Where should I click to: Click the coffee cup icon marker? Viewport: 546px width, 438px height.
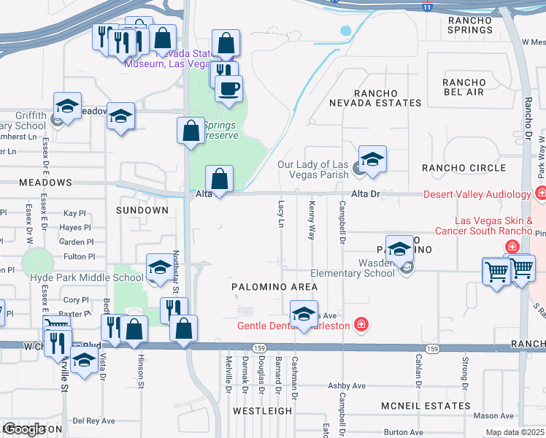tap(228, 89)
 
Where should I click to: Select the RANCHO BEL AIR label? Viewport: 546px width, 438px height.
tap(464, 87)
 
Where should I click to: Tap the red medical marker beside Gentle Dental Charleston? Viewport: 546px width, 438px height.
tap(360, 324)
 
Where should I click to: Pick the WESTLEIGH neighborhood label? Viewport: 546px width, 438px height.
tap(262, 411)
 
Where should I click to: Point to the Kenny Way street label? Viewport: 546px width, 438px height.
tap(312, 220)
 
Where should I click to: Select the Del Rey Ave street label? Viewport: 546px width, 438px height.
tap(93, 420)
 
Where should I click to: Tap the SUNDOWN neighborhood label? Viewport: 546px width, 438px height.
tap(142, 210)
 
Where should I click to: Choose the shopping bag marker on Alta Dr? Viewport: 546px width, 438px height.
tap(220, 179)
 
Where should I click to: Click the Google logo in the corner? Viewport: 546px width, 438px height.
tap(23, 429)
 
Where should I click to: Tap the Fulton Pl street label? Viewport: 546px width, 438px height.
tap(80, 256)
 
